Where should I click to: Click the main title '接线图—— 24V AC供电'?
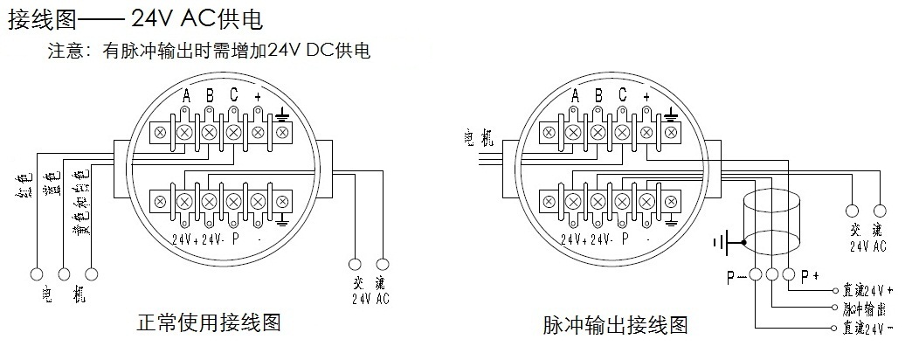click(135, 18)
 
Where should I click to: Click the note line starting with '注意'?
click(209, 51)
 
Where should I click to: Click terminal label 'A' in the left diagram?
click(185, 95)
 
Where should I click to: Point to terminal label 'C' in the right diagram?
click(622, 95)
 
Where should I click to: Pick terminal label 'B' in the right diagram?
click(598, 95)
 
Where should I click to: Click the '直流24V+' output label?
click(867, 288)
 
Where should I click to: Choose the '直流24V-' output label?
click(867, 329)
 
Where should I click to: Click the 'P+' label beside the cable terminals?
click(811, 277)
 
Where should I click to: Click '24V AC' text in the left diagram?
click(370, 298)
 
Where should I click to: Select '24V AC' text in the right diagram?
click(867, 246)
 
